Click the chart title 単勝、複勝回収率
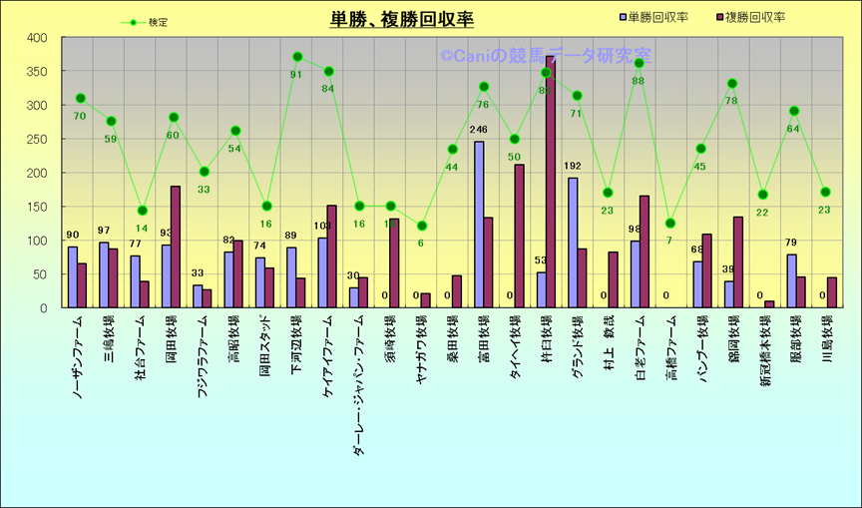click(x=402, y=20)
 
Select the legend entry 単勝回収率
click(x=657, y=18)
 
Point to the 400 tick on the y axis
click(x=37, y=38)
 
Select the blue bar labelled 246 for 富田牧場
click(x=479, y=225)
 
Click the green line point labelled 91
click(x=297, y=57)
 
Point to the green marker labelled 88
click(x=639, y=63)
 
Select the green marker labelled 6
click(x=422, y=226)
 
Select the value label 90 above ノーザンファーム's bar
click(x=72, y=236)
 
